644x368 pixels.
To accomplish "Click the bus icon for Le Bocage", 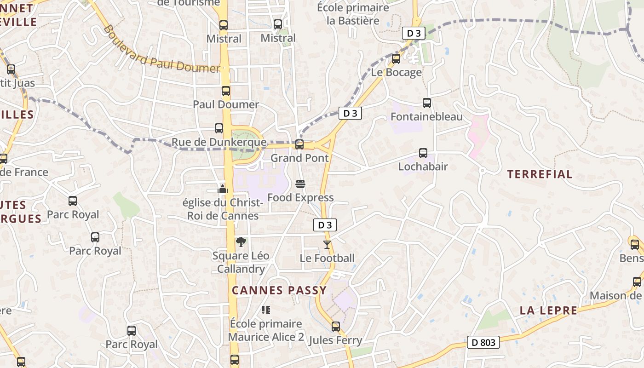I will coord(396,59).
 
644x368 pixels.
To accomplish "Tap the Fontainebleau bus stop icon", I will coord(427,103).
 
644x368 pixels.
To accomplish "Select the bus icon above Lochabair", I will coord(423,153).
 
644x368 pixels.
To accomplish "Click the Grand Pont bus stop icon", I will coord(299,144).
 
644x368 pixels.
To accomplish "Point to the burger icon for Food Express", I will coord(300,184).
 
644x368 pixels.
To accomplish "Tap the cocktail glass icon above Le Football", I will coord(327,244).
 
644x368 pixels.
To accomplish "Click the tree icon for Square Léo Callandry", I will coord(241,242).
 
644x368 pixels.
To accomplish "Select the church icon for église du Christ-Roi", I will coord(223,189).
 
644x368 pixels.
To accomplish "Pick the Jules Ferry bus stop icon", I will coord(336,327).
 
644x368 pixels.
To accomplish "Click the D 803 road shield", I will coord(483,342).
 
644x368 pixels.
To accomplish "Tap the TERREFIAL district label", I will coord(540,174).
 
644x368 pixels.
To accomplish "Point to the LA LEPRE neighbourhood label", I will coord(548,310).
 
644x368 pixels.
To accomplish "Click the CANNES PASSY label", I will coord(279,290).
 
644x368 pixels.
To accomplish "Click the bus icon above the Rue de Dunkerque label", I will coord(219,128).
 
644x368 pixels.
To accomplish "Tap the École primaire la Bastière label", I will coord(353,14).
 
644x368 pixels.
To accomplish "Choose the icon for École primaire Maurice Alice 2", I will coord(265,310).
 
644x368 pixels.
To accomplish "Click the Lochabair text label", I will coord(423,167).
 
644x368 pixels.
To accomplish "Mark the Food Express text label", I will coord(300,198).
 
